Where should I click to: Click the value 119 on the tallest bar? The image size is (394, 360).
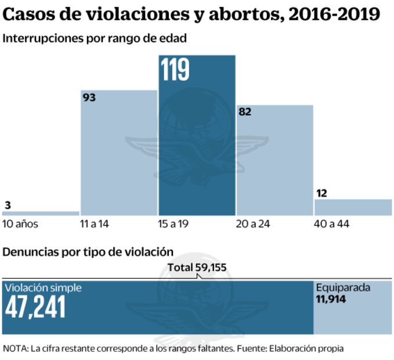[x=175, y=70]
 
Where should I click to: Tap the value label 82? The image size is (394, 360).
[x=244, y=111]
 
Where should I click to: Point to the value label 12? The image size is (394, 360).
[x=321, y=193]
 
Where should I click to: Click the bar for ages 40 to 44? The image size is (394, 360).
[x=353, y=207]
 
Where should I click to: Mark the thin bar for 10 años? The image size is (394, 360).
[x=40, y=213]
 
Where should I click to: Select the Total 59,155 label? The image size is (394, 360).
[x=197, y=268]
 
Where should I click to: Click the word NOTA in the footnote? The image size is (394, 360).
[x=16, y=348]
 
